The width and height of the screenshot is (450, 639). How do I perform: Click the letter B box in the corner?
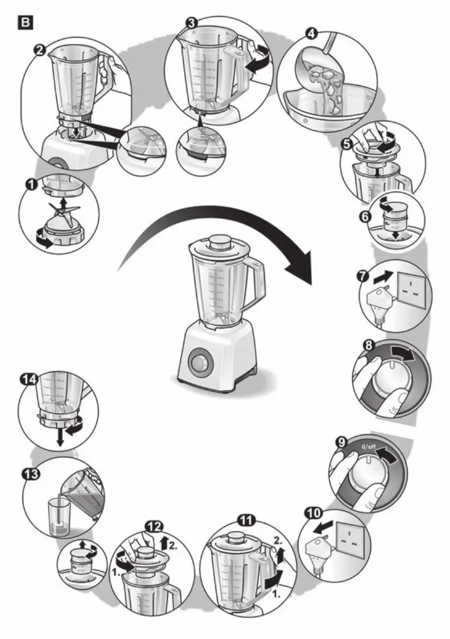coord(25,23)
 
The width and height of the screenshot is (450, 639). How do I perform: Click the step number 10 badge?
coord(311,513)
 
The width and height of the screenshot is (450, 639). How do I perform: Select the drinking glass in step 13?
coord(58,517)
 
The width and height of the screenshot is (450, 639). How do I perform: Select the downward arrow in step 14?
coord(60,437)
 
